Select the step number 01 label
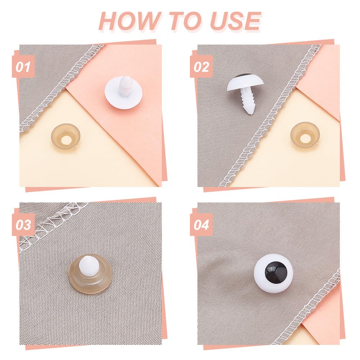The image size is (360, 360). click(23, 67)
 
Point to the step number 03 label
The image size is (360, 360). click(23, 225)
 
